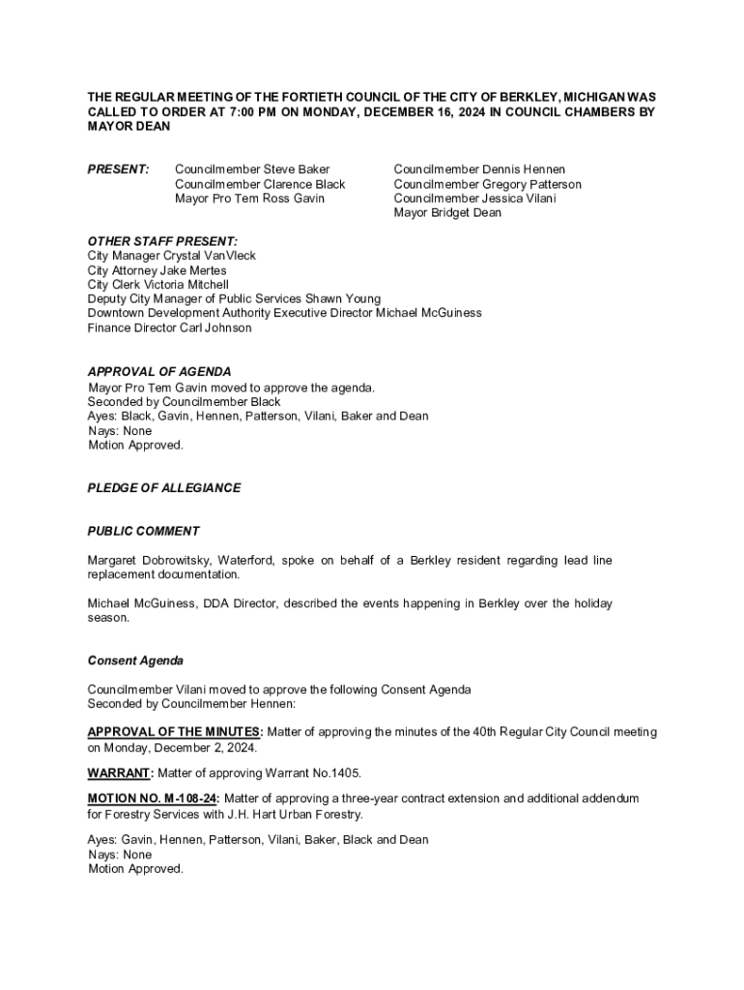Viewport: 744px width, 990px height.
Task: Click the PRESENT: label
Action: [x=118, y=170]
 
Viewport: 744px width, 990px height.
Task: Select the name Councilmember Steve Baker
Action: [x=251, y=170]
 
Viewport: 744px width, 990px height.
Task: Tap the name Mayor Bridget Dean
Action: [x=447, y=213]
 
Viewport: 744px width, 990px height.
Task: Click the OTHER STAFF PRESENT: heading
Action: [x=162, y=242]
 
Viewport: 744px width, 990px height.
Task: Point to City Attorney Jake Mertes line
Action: [x=157, y=271]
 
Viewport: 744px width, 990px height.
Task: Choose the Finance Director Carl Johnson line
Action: [x=169, y=328]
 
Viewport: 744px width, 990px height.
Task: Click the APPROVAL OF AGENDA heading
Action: [x=159, y=372]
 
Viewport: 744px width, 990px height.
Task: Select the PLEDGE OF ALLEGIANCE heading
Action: [x=164, y=488]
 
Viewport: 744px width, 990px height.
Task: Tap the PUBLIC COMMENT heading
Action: [x=144, y=531]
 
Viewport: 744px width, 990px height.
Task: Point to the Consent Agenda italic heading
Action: [x=135, y=661]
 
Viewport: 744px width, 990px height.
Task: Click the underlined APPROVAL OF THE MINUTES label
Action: [x=174, y=732]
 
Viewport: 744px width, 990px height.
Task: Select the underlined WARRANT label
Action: [x=120, y=773]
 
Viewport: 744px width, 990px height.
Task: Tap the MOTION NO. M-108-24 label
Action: [x=153, y=799]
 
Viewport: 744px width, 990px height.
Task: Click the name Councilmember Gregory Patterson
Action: [x=487, y=185]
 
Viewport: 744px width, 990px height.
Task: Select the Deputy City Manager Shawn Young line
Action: [x=234, y=299]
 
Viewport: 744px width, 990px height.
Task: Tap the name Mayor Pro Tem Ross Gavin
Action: [x=249, y=199]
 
